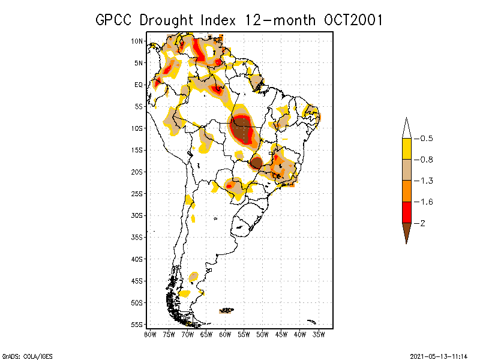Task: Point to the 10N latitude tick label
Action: click(137, 41)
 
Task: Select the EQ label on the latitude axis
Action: click(139, 85)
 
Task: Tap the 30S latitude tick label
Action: click(137, 215)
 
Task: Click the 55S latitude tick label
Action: click(137, 325)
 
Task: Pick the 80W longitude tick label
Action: click(150, 334)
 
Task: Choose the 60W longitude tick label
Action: click(225, 334)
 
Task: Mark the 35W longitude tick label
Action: click(319, 334)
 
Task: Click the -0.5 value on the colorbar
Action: click(425, 139)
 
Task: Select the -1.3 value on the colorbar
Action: click(425, 181)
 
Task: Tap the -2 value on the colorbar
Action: click(423, 223)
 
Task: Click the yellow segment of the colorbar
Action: click(406, 149)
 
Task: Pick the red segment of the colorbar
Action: click(406, 212)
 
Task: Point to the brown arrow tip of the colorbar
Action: click(406, 233)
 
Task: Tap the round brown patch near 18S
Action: click(256, 162)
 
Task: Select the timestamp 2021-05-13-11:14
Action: click(439, 355)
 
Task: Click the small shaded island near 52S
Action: click(227, 310)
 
